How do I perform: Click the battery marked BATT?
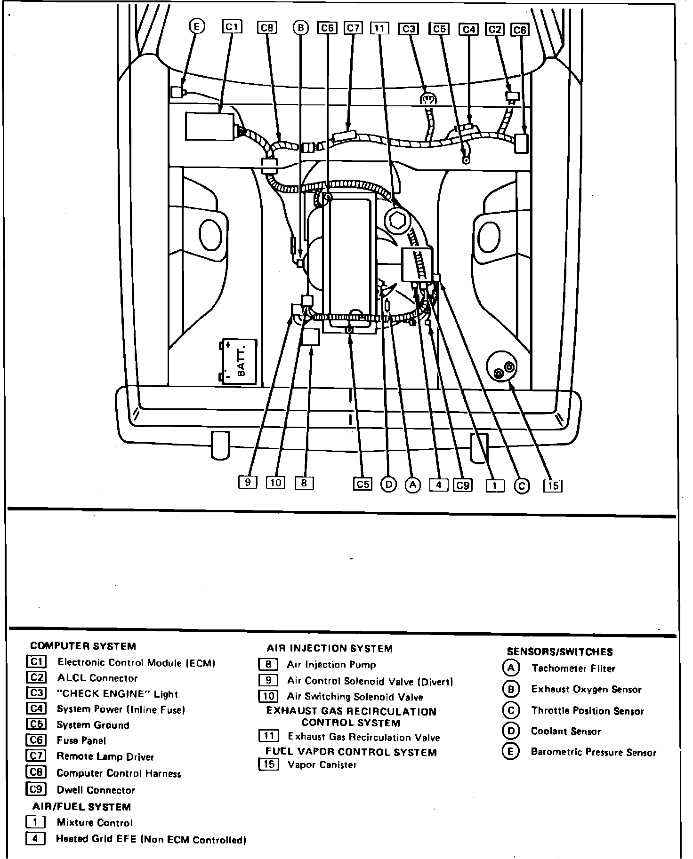click(x=240, y=362)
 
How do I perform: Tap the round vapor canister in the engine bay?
click(x=502, y=368)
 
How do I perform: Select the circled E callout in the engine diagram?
click(x=197, y=27)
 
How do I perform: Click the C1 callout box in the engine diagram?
click(x=232, y=27)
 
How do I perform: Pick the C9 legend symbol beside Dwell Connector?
click(x=36, y=789)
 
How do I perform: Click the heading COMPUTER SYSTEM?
click(x=83, y=646)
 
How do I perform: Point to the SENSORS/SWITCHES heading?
click(x=559, y=652)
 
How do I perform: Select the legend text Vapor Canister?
click(x=322, y=764)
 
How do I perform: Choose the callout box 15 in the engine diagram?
click(x=553, y=485)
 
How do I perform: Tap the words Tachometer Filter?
click(x=573, y=668)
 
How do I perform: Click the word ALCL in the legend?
click(x=71, y=678)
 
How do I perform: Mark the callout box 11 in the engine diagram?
click(x=379, y=28)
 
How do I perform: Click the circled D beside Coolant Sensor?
click(x=510, y=731)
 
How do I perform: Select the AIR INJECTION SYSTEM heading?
click(x=329, y=649)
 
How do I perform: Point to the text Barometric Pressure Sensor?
click(x=593, y=752)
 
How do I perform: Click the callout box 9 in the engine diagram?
click(x=248, y=482)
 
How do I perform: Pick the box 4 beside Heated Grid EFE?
click(x=35, y=838)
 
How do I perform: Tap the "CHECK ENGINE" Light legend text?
click(x=117, y=694)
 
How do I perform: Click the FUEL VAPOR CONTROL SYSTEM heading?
click(x=351, y=752)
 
